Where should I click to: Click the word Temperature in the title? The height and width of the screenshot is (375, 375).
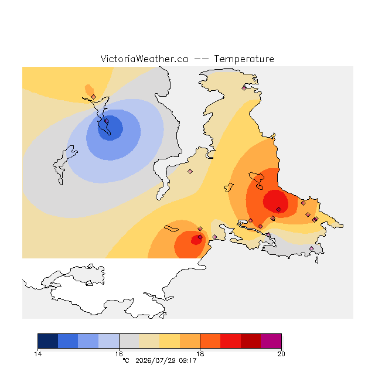coord(244,59)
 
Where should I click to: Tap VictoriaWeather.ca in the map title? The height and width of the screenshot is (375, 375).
coord(144,59)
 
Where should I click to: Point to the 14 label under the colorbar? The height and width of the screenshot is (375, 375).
coord(37,354)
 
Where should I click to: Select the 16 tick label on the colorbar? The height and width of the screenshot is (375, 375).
coord(119,354)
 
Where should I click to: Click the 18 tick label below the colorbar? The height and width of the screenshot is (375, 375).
coord(200,354)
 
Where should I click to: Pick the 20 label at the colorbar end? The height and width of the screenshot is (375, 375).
coord(281,354)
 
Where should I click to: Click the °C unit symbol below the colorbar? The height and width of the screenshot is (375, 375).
coord(126,360)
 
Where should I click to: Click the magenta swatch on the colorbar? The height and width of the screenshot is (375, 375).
coord(271,341)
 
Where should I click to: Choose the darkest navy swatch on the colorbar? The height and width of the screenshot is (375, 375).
coord(48,341)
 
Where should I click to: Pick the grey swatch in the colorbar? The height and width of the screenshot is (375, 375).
coord(129,341)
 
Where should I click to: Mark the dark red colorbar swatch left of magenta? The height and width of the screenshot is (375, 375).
coord(251,341)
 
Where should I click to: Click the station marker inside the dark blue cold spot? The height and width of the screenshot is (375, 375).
coord(107,121)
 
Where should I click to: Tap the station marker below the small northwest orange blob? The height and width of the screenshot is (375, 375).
coord(94,97)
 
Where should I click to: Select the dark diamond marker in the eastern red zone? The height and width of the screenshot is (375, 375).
coord(279,210)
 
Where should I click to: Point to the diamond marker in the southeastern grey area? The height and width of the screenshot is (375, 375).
coord(311,248)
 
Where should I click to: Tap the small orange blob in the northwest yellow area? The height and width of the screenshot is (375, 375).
coord(89,90)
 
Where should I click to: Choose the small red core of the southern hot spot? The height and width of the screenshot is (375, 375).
coord(197,240)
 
